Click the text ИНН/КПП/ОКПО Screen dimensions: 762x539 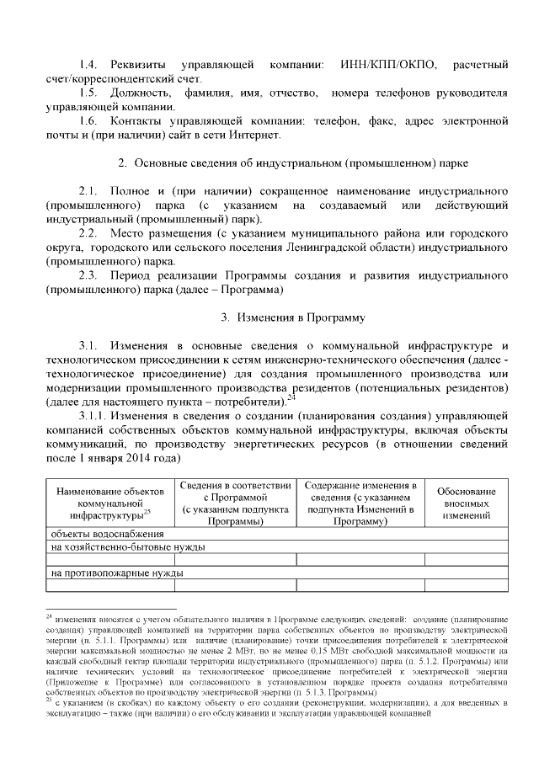(x=390, y=65)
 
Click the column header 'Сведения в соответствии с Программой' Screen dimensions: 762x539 (x=236, y=503)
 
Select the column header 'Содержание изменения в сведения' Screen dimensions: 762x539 (x=361, y=503)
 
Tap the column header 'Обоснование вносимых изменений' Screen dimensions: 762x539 (x=467, y=503)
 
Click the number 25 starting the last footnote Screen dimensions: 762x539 (x=49, y=698)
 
